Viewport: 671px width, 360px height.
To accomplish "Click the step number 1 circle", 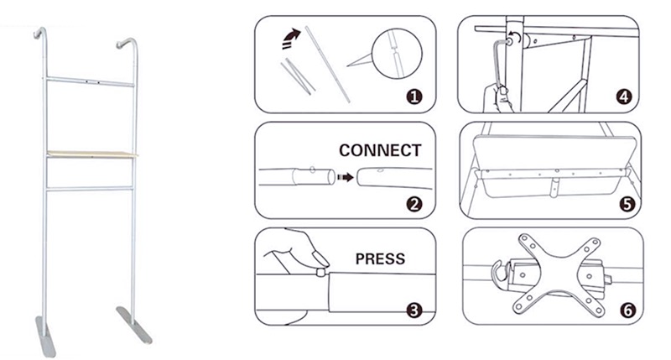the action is [414, 97].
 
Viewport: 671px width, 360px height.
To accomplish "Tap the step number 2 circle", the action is [414, 204].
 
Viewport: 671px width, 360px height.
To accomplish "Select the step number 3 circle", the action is [414, 310].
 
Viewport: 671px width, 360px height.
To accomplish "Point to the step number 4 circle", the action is [624, 97].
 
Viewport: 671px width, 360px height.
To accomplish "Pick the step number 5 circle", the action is [627, 204].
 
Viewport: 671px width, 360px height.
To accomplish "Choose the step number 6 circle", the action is [627, 310].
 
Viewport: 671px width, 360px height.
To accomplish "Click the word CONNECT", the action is [380, 150].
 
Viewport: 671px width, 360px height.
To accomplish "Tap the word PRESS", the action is [380, 258].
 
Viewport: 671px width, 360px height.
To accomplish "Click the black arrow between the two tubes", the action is [346, 177].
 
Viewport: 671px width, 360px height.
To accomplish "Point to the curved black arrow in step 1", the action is [290, 38].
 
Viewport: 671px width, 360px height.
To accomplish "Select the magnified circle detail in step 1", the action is [397, 54].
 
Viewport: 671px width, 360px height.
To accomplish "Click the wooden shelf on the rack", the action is [92, 154].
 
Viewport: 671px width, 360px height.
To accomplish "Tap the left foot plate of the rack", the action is [46, 337].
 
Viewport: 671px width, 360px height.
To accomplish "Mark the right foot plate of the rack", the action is [134, 325].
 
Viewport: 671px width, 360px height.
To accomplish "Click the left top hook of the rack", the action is [40, 33].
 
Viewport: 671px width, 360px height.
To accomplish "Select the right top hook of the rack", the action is [127, 43].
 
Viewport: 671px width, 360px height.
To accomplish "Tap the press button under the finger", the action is [320, 272].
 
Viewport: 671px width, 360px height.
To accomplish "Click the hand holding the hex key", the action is [497, 98].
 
